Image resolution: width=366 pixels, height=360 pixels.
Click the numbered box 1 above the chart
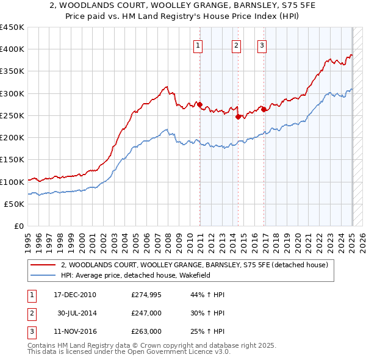tap(198, 44)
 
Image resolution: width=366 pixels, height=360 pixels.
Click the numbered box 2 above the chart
tap(236, 44)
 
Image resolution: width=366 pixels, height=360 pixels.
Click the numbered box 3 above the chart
tap(261, 44)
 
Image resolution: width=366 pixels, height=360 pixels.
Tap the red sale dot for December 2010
tap(199, 104)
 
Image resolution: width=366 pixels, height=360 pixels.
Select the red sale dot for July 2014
tap(238, 117)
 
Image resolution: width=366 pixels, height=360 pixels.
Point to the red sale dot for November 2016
tap(263, 109)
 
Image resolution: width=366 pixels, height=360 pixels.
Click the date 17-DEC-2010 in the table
tap(75, 295)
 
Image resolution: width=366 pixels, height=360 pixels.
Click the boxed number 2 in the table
tap(30, 314)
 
